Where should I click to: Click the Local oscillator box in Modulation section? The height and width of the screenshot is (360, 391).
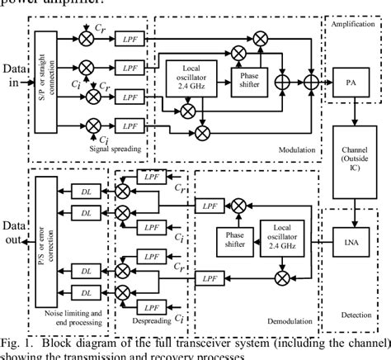coord(189,74)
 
